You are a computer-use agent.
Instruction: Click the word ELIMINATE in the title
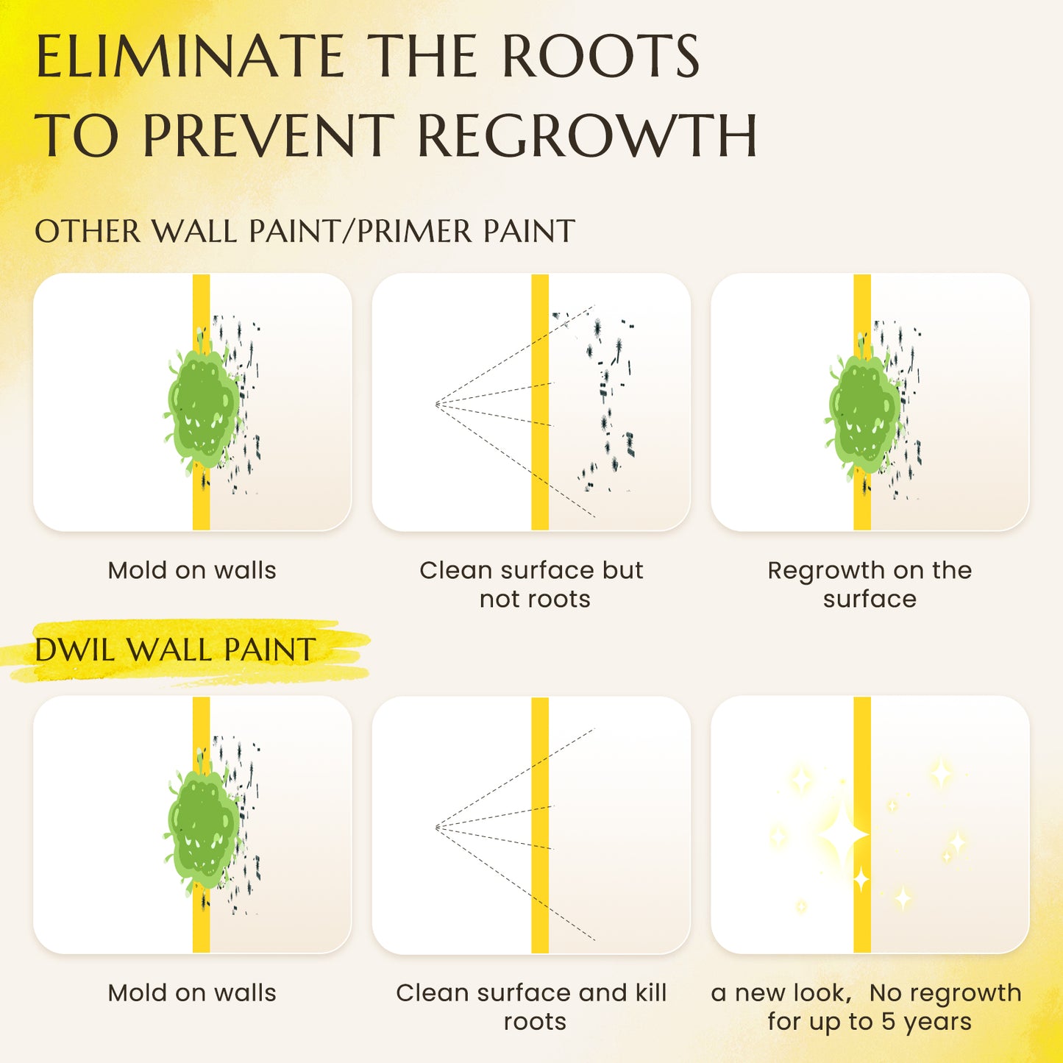point(191,56)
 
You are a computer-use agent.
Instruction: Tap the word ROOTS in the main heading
point(601,56)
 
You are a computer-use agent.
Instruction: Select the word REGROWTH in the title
point(588,135)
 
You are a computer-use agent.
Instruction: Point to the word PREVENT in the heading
point(269,135)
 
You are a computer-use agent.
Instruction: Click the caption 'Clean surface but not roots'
point(532,584)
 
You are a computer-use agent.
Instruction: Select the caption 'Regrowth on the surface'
point(870,584)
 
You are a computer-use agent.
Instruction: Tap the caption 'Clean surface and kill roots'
point(532,1007)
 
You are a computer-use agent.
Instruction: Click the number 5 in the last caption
point(888,1022)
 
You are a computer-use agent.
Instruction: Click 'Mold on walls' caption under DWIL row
point(192,993)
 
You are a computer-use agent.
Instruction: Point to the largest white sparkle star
point(844,836)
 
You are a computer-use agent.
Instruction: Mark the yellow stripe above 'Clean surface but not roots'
point(540,402)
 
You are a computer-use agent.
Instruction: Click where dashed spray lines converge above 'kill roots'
point(436,827)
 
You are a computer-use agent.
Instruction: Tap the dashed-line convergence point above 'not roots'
point(436,405)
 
